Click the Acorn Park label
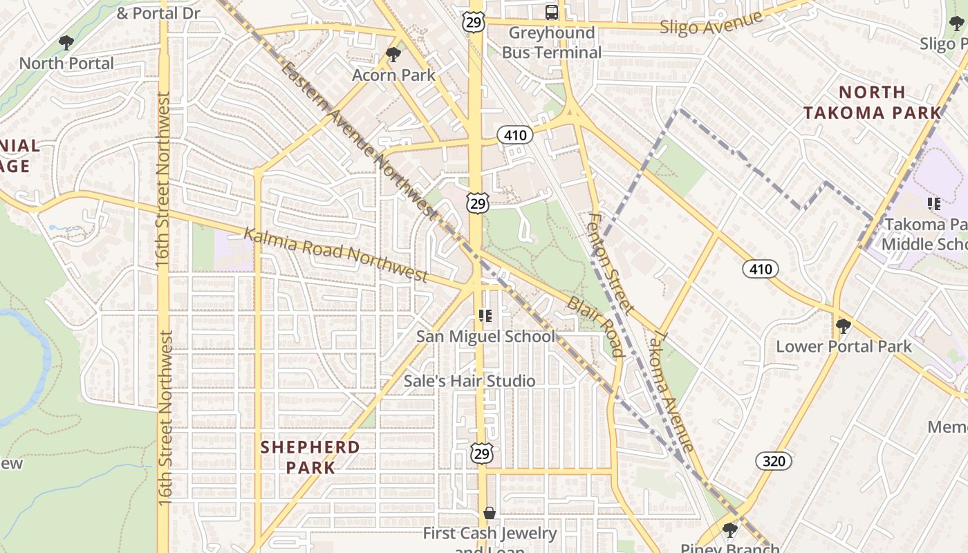[393, 75]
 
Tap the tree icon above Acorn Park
[393, 54]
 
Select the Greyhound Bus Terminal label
[552, 42]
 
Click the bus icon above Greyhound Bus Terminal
[552, 12]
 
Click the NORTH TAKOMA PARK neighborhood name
[872, 102]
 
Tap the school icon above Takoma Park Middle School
[933, 203]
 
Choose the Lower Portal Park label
[844, 346]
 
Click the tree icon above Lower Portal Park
[842, 326]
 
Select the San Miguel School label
[485, 337]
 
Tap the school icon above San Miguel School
[485, 316]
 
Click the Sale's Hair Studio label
[469, 381]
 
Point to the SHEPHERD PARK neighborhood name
[310, 457]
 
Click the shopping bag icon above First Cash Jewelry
[490, 513]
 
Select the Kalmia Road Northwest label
[336, 254]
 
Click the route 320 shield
[774, 460]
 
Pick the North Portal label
[66, 63]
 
